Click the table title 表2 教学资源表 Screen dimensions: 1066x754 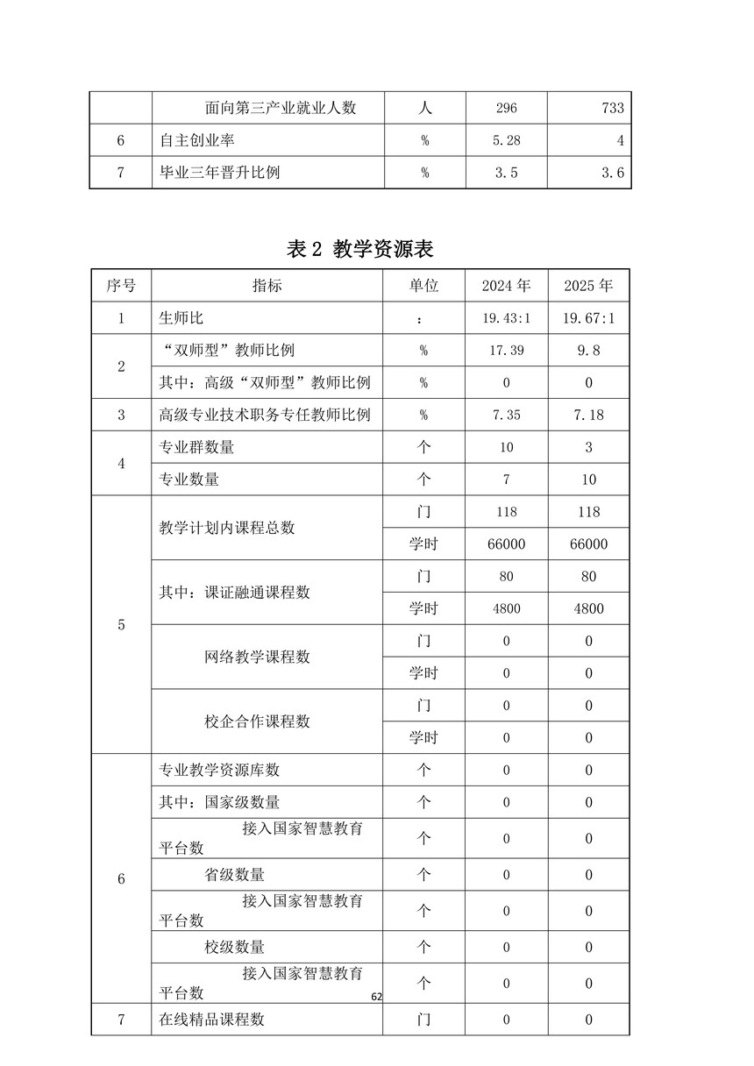[x=360, y=249]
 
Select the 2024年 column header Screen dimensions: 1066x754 [x=506, y=286]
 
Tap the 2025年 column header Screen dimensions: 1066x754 [x=588, y=286]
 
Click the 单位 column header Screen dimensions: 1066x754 [x=423, y=286]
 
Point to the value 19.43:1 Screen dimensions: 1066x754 [x=506, y=318]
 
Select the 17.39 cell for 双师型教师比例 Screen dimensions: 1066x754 [x=506, y=351]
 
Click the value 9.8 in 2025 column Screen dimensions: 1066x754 [x=588, y=351]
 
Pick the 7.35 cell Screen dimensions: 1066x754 [x=506, y=415]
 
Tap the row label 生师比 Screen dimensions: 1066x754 [x=181, y=318]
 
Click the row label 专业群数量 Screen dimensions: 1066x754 [x=196, y=447]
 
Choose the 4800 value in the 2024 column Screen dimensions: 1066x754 [x=506, y=608]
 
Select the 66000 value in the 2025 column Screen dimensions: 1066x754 [x=588, y=544]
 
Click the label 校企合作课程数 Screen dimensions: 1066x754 [x=257, y=721]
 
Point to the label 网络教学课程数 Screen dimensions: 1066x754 [x=257, y=657]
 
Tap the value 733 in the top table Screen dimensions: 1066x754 [x=613, y=108]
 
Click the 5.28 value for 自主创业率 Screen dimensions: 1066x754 [x=506, y=140]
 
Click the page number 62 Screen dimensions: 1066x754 [x=377, y=997]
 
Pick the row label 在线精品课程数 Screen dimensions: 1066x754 [x=211, y=1020]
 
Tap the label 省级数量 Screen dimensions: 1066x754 [x=234, y=875]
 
